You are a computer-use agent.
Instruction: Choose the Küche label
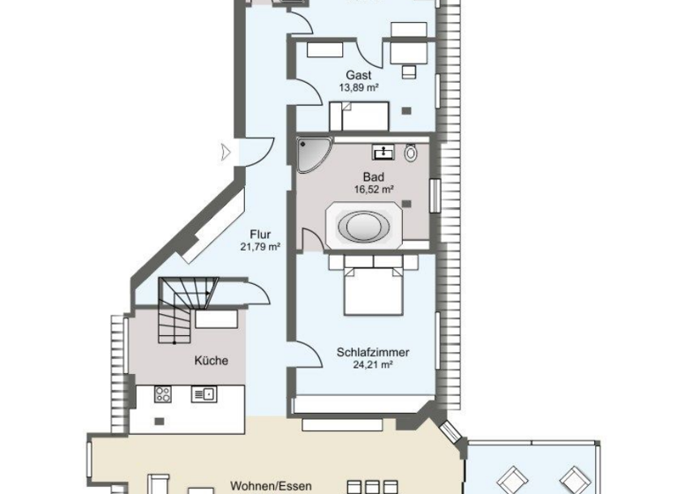click(212, 360)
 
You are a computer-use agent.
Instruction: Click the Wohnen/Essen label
click(269, 484)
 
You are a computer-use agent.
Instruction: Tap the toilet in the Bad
click(412, 153)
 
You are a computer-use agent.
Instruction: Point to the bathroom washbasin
click(383, 153)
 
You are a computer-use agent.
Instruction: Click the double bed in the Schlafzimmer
click(374, 288)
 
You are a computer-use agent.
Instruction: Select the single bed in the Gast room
click(360, 116)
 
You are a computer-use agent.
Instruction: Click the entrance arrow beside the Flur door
click(227, 152)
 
